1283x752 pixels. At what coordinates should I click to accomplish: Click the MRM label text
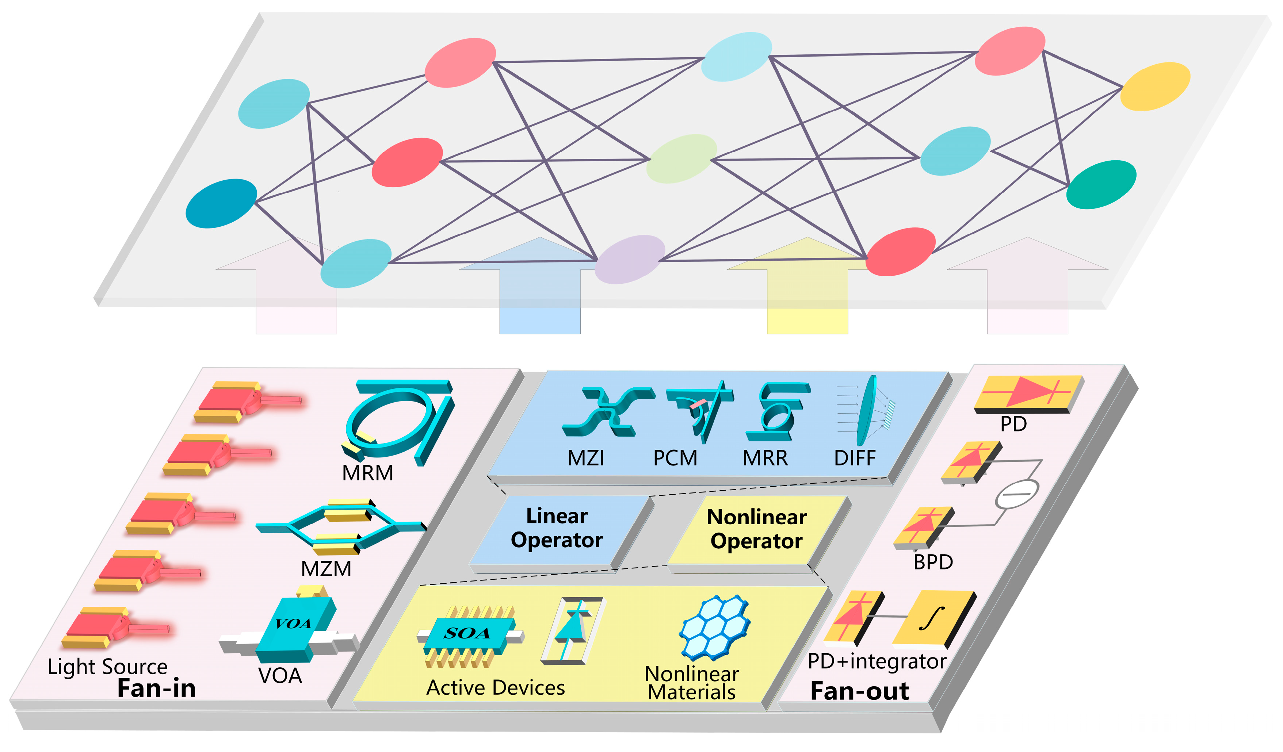368,473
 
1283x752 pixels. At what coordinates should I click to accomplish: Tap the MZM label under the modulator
327,569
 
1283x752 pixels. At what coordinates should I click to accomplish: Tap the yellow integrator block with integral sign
932,618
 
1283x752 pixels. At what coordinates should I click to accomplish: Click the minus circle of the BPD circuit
1016,494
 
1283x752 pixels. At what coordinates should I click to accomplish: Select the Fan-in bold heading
156,688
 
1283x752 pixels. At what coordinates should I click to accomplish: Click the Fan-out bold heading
859,691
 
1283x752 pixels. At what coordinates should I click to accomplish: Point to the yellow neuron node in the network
1155,86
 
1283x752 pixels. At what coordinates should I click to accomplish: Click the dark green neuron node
1101,184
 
